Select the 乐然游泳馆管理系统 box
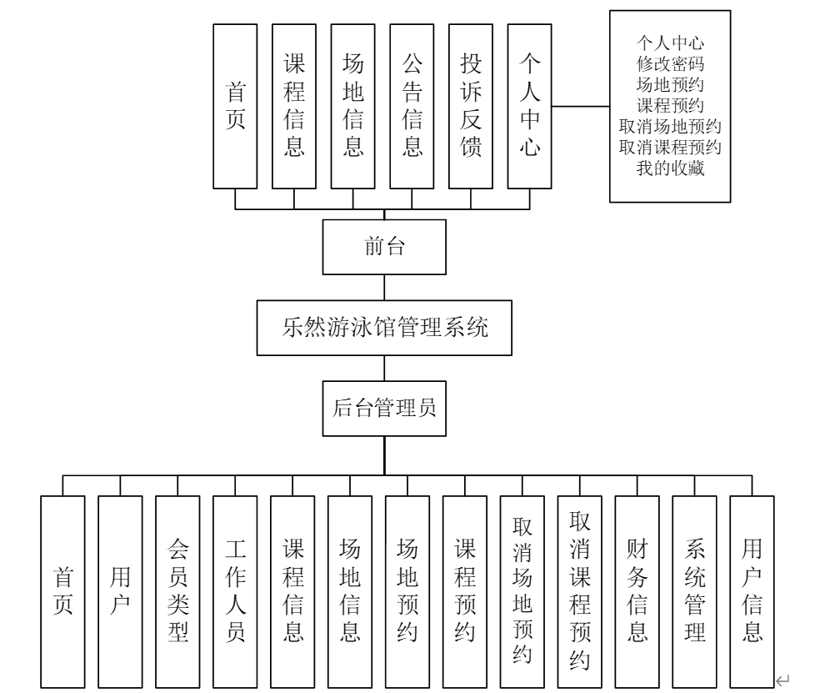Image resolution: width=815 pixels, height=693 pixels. coord(383,327)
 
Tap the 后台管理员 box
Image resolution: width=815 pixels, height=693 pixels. coord(383,409)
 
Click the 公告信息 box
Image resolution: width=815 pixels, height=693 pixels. coord(412,105)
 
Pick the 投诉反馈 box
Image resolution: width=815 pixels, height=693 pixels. coord(471,105)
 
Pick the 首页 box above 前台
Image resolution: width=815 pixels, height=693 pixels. coord(235,105)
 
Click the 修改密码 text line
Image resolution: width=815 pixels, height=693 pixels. coord(670,62)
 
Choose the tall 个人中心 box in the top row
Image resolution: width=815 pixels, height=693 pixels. coord(530,105)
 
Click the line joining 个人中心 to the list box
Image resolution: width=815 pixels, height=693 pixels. coord(581,107)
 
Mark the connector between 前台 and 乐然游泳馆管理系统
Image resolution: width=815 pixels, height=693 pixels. coord(383,286)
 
